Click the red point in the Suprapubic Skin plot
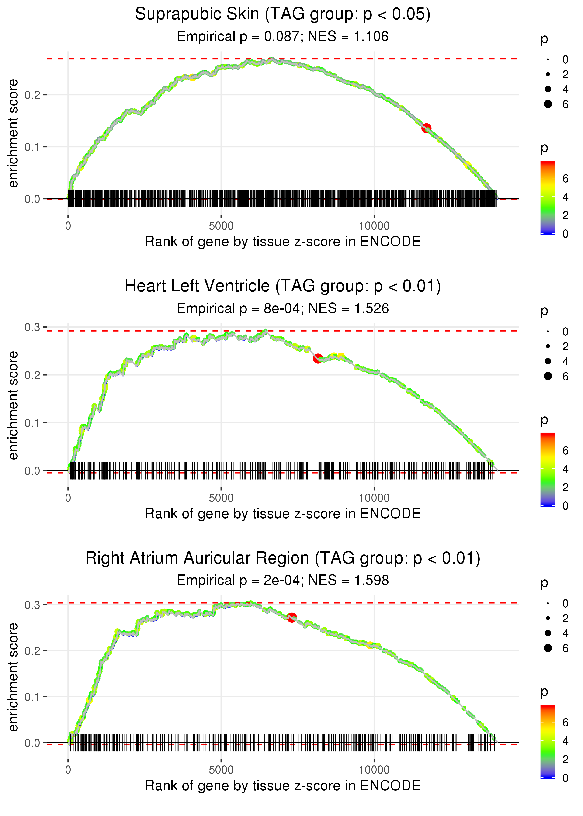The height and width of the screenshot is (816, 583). (426, 128)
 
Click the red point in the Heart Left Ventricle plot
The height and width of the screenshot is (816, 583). (318, 359)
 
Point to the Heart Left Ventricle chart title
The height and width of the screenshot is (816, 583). (283, 286)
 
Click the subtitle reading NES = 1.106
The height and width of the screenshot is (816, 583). (283, 37)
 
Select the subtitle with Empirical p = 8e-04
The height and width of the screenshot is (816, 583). (283, 309)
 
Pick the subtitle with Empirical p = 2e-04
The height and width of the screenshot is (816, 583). (283, 580)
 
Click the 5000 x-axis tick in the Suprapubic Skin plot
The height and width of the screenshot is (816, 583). (221, 226)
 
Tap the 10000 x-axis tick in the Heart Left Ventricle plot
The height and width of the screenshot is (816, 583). (374, 498)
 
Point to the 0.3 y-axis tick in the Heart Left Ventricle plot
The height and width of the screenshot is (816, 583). (32, 327)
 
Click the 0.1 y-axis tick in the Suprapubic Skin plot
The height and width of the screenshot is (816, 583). (32, 147)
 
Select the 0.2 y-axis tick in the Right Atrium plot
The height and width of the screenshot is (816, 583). (32, 650)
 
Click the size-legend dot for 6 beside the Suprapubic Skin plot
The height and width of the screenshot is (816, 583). (548, 104)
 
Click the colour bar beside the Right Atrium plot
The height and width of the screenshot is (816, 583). (548, 741)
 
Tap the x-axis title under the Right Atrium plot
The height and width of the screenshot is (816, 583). (283, 785)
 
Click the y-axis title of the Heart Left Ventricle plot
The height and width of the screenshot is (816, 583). (13, 405)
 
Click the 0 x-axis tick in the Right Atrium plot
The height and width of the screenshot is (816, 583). (68, 770)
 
